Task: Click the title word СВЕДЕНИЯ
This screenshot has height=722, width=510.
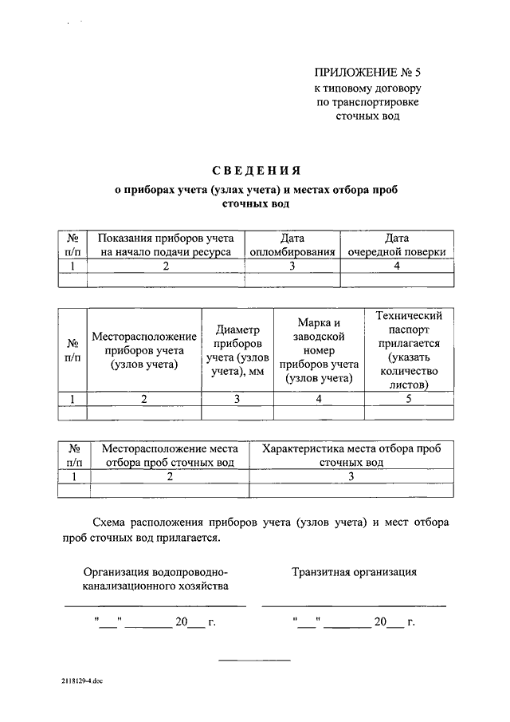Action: click(x=255, y=170)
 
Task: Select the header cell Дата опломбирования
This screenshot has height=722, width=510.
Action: click(x=292, y=244)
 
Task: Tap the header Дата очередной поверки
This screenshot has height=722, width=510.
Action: click(x=396, y=244)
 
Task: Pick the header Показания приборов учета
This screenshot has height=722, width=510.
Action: click(x=166, y=244)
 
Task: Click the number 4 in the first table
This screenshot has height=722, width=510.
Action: click(x=396, y=266)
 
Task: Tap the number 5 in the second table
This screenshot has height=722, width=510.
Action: click(x=408, y=399)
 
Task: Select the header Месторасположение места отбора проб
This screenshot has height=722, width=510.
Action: click(x=170, y=455)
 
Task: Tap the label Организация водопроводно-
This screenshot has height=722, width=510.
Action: click(x=156, y=571)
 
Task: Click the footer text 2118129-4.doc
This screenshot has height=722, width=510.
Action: click(x=80, y=682)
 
